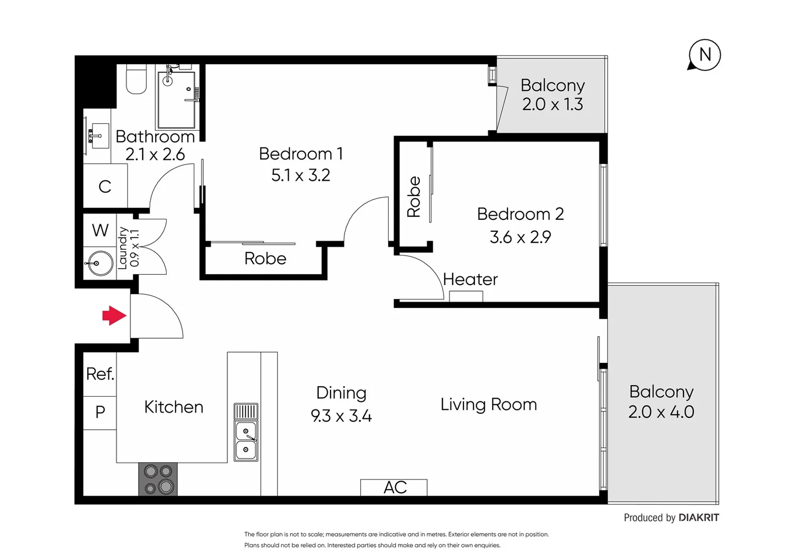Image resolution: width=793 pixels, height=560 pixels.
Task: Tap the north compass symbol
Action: click(704, 55)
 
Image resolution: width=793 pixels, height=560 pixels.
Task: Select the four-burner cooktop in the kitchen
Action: click(158, 479)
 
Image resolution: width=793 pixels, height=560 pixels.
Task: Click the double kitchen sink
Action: click(245, 440)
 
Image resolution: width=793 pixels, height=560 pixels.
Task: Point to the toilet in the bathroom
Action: click(136, 79)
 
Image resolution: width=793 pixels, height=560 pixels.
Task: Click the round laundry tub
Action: click(99, 263)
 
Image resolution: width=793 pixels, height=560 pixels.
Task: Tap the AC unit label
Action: click(394, 487)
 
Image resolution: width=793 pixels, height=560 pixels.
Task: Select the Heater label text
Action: click(470, 279)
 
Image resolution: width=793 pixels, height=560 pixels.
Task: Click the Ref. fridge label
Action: click(100, 374)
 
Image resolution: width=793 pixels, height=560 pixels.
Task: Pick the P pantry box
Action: click(100, 412)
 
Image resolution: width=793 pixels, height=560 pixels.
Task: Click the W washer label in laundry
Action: click(100, 230)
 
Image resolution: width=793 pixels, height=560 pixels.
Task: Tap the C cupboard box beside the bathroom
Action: click(105, 186)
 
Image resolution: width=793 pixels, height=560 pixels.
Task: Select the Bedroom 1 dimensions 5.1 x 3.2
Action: click(300, 175)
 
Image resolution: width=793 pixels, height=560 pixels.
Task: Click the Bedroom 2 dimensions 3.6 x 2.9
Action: click(520, 237)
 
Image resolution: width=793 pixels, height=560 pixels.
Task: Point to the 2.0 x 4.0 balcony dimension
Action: click(661, 412)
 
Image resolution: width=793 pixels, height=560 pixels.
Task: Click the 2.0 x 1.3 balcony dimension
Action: click(552, 104)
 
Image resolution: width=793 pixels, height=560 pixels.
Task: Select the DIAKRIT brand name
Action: click(699, 517)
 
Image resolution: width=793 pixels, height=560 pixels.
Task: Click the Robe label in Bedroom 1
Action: click(265, 258)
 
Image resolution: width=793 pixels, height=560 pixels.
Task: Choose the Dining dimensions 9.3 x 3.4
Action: click(341, 416)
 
